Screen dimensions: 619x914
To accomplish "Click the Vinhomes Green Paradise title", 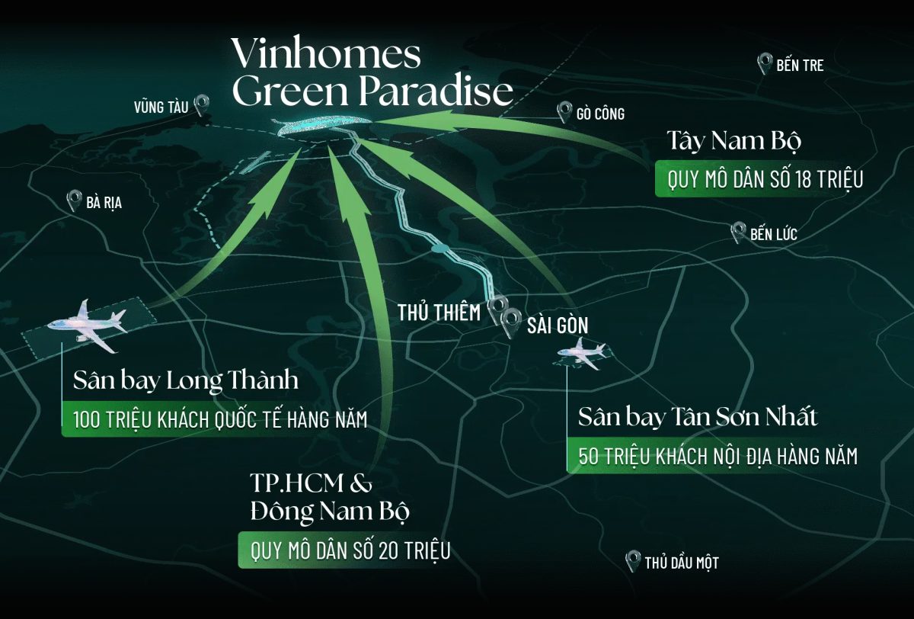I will (372, 73).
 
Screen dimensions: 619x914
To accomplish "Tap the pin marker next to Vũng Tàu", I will (202, 104).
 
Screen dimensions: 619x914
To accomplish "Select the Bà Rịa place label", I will (104, 203).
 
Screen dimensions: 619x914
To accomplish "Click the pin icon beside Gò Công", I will (564, 112).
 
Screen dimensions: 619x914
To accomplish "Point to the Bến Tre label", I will (800, 66).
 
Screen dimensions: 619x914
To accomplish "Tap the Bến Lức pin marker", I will (737, 232).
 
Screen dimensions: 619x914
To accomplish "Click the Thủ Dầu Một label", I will (681, 563).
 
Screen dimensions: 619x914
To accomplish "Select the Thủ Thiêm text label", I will (439, 312).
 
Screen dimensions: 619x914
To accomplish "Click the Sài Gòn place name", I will (558, 326).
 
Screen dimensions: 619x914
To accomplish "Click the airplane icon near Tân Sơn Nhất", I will (583, 354).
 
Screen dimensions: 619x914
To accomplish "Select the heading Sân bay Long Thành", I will (181, 381).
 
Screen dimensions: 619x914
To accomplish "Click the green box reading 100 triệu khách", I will (220, 419).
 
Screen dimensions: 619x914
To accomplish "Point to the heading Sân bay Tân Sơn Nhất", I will (698, 418).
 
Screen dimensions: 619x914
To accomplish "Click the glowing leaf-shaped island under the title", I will (324, 127).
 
